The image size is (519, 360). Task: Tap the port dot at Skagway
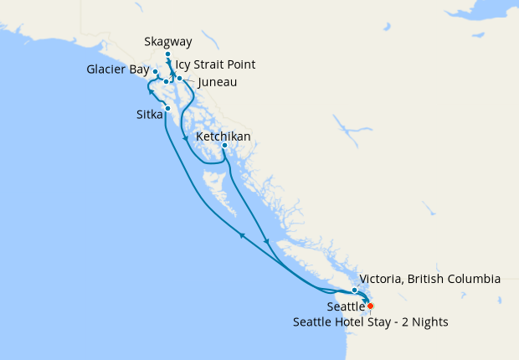pyautogui.click(x=167, y=54)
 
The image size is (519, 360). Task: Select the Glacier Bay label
pyautogui.click(x=118, y=69)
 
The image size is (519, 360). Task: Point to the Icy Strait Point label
pyautogui.click(x=215, y=64)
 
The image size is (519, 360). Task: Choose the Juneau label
pyautogui.click(x=217, y=82)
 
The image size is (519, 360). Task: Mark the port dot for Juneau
pyautogui.click(x=180, y=78)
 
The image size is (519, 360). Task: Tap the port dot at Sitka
pyautogui.click(x=168, y=109)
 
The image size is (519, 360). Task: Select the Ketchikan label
pyautogui.click(x=223, y=136)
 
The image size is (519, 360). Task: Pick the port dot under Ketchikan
pyautogui.click(x=224, y=147)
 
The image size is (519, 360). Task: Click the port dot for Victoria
pyautogui.click(x=355, y=291)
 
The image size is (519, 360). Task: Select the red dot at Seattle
pyautogui.click(x=370, y=306)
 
